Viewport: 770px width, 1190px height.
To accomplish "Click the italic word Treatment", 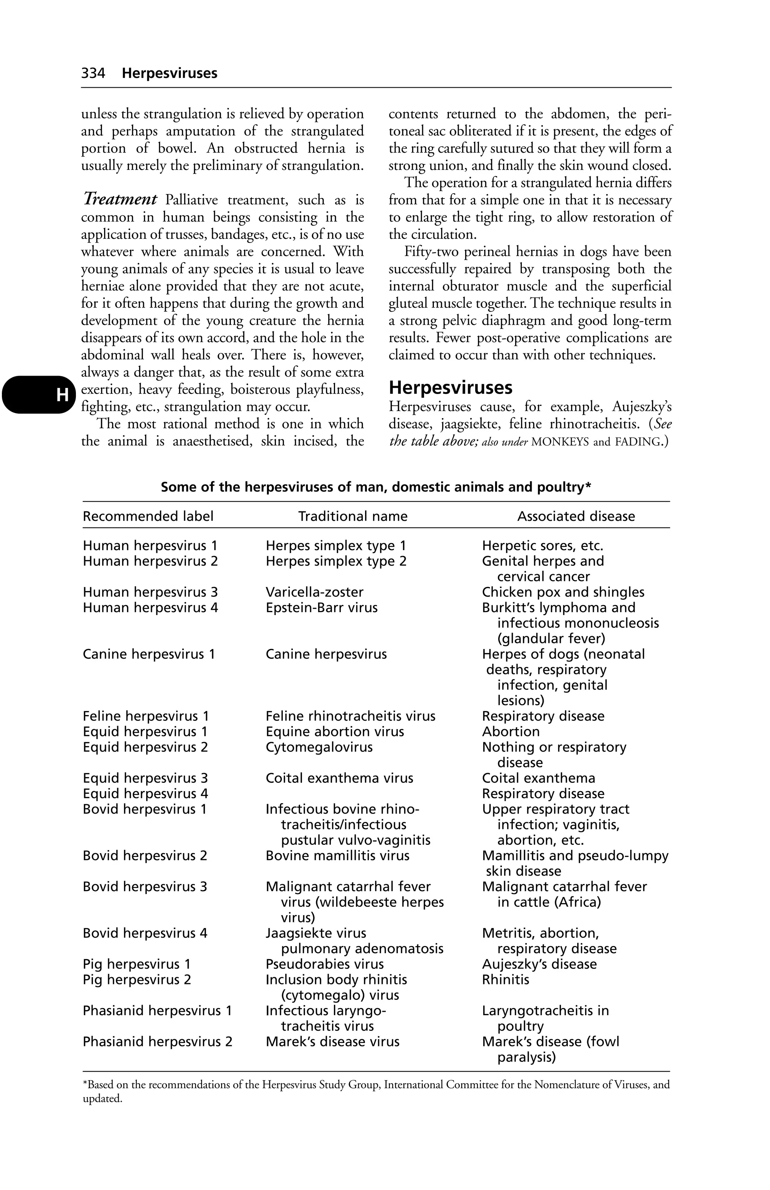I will coord(120,200).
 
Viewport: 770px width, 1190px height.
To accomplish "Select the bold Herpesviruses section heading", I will coord(450,388).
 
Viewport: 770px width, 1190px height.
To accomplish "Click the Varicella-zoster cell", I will coord(314,592).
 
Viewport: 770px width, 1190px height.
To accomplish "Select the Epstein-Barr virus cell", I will coord(321,608).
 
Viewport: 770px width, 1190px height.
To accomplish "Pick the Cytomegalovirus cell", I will coord(318,747).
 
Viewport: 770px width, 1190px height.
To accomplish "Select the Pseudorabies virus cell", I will coord(324,964).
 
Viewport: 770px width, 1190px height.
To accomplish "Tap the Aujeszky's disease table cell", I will coord(539,964).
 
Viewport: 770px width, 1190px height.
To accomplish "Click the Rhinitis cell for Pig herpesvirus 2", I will coord(505,979).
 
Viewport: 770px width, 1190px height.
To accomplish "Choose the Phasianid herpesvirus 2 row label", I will coord(157,1041).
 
